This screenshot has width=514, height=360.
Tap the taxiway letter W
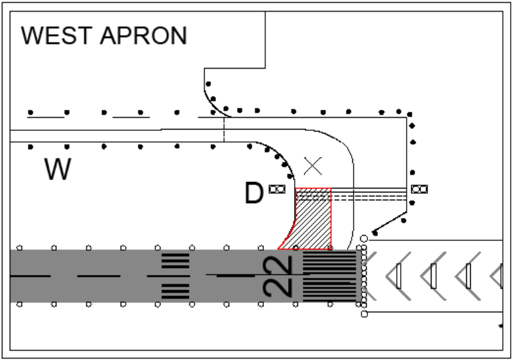(x=58, y=170)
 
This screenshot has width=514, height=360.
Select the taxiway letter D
(x=254, y=193)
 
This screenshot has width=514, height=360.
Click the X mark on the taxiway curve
(x=314, y=166)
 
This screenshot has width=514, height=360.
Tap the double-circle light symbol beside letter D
(x=277, y=189)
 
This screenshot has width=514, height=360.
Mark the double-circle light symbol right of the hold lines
(x=419, y=189)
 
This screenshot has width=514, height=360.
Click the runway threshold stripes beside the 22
(x=329, y=276)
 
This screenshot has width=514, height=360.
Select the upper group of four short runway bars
(x=175, y=261)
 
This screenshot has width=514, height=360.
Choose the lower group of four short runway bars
(x=175, y=290)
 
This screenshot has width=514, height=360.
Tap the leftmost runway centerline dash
(x=30, y=276)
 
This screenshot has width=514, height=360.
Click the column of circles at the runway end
(x=362, y=276)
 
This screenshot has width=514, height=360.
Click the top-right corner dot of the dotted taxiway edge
(x=410, y=115)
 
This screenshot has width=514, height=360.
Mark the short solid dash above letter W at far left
(x=46, y=117)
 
